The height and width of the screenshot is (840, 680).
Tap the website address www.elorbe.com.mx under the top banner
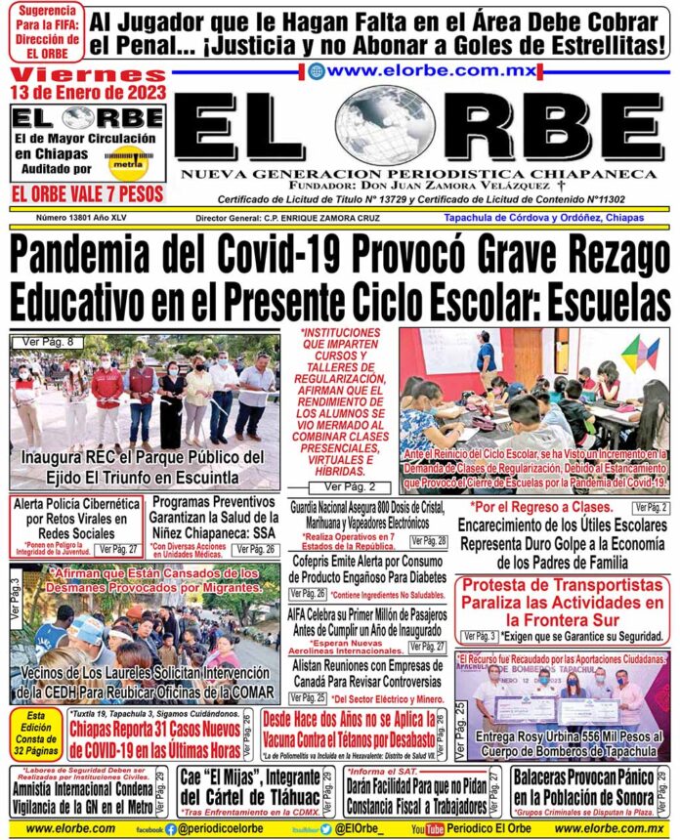420,70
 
